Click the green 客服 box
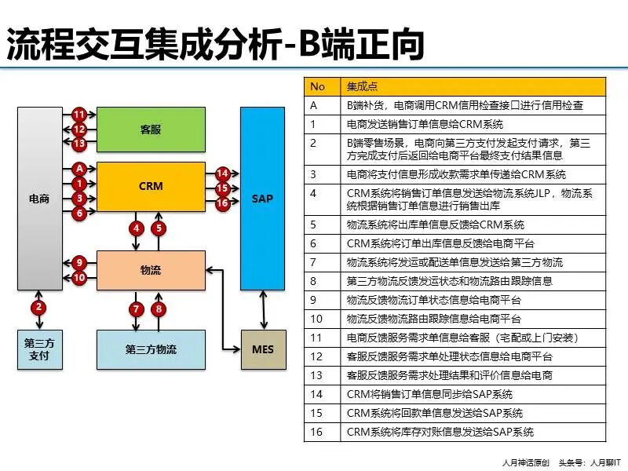150,128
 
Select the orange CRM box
150,186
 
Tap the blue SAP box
262,198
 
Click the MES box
262,349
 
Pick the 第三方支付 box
39,349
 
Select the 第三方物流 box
150,349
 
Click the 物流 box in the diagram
150,270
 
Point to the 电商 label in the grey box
39,199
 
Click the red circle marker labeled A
78,169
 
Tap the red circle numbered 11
78,115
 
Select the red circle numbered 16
222,203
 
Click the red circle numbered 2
38,307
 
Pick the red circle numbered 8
159,309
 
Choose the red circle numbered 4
137,228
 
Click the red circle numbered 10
78,277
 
